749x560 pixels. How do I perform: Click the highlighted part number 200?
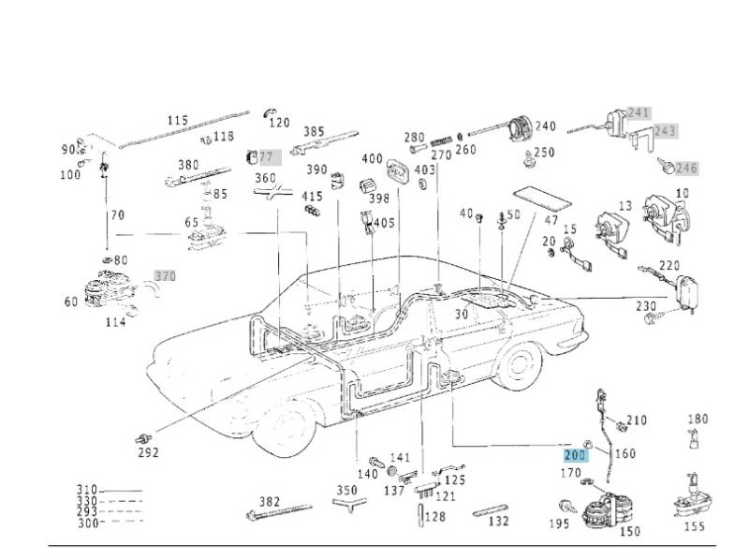[x=574, y=454]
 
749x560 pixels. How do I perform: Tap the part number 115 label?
[x=177, y=121]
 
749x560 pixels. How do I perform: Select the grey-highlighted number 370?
[x=165, y=276]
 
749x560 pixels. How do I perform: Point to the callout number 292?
[x=148, y=453]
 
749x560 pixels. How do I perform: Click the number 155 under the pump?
[x=694, y=526]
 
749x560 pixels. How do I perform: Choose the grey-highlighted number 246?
[x=687, y=169]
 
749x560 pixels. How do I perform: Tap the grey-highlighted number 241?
[x=638, y=112]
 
